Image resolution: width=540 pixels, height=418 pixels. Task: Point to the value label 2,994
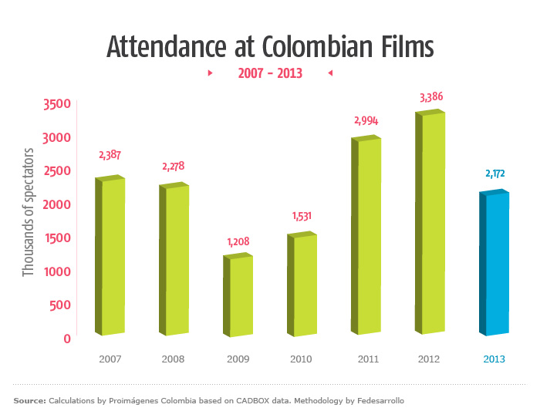367,120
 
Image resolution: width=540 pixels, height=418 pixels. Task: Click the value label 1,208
239,241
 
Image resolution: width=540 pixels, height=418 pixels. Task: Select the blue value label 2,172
495,174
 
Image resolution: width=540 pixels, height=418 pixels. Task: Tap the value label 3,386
431,97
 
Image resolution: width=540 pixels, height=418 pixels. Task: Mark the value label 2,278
173,166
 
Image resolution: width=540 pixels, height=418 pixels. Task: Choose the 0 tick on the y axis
67,338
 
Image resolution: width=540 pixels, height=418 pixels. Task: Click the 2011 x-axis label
368,359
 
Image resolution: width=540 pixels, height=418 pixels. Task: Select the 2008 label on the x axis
174,359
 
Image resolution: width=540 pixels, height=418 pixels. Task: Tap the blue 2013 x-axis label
494,359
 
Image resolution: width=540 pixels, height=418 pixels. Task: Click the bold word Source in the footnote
29,401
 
